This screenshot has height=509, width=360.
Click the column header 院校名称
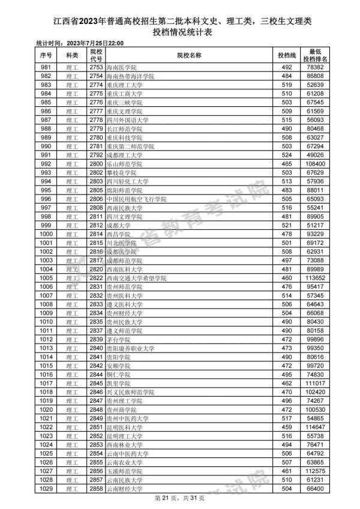189,55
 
